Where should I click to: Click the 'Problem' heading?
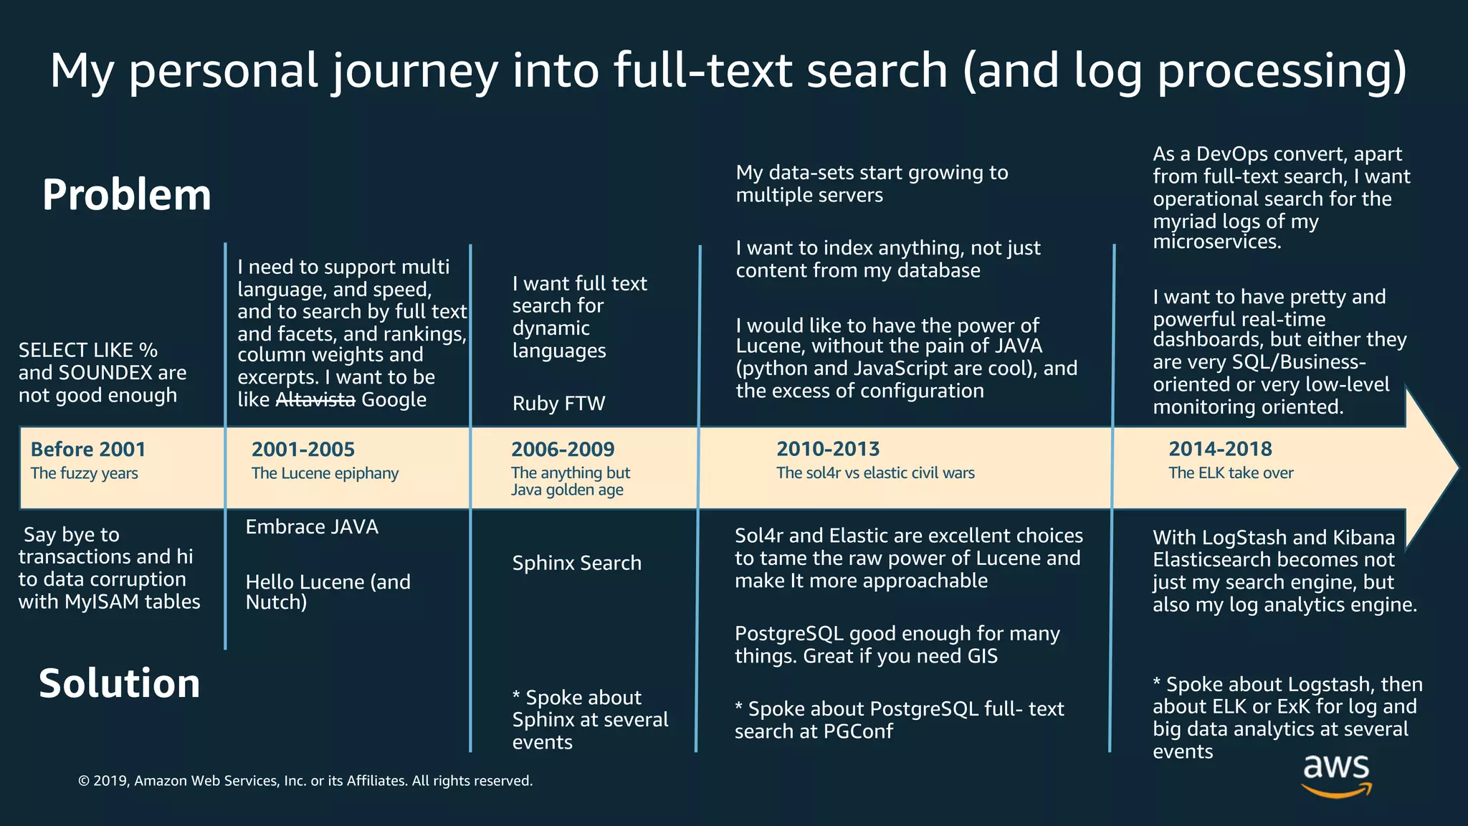127,195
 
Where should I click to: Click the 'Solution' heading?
120,683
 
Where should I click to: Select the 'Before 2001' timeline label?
88,450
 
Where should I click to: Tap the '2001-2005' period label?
303,450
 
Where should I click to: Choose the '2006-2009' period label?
563,450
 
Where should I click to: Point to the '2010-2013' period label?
828,449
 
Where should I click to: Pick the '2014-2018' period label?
1220,449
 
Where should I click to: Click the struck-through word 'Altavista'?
315,400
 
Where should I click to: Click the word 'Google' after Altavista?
394,400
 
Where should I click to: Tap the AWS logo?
1336,775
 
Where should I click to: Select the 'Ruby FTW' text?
559,404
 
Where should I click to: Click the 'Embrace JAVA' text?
312,527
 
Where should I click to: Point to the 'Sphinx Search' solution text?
577,564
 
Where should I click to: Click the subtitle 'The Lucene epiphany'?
325,473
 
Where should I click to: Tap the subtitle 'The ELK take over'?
1231,473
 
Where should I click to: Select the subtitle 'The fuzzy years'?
85,473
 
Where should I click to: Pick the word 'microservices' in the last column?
1216,242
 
